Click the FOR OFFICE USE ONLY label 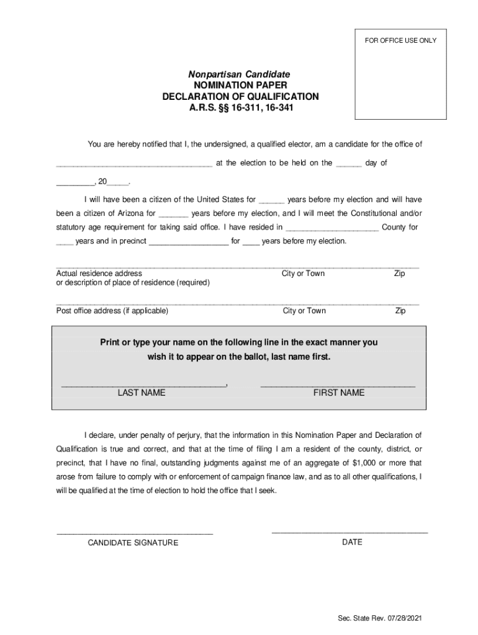[400, 41]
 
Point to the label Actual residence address [99, 273]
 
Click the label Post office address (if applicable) [112, 311]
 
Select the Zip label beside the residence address [400, 273]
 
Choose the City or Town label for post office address [304, 311]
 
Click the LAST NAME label [142, 393]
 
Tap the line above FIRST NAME [338, 386]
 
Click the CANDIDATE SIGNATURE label [133, 543]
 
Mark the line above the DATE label [350, 532]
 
